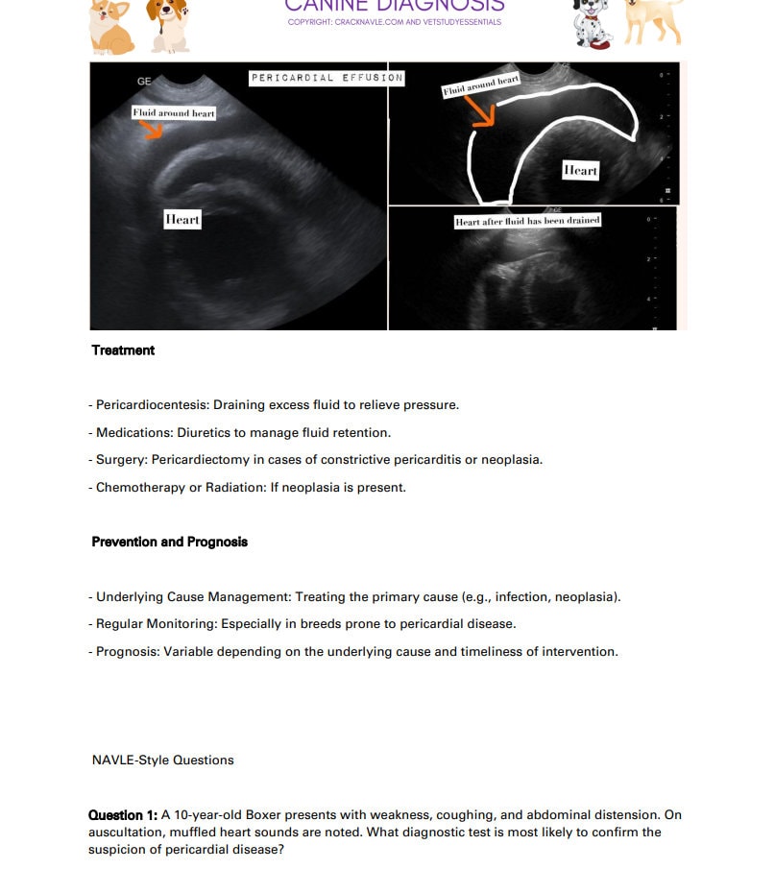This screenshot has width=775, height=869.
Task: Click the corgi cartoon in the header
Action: pyautogui.click(x=111, y=26)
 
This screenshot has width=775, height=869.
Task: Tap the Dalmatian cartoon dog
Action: pyautogui.click(x=592, y=25)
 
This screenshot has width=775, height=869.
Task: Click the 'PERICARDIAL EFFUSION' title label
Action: pyautogui.click(x=327, y=78)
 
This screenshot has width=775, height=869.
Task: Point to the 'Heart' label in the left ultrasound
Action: pyautogui.click(x=182, y=220)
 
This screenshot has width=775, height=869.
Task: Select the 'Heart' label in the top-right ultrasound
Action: pyautogui.click(x=580, y=171)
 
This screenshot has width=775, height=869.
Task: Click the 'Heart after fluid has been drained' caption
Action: pyautogui.click(x=528, y=221)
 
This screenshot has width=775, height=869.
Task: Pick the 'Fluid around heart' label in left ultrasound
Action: pyautogui.click(x=174, y=113)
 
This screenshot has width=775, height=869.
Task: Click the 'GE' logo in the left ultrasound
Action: pyautogui.click(x=144, y=82)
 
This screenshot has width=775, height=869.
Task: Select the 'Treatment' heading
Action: pyautogui.click(x=123, y=350)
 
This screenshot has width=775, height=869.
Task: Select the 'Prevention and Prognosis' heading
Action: pyautogui.click(x=169, y=543)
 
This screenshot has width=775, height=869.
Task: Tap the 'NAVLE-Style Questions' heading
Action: pyautogui.click(x=162, y=760)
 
